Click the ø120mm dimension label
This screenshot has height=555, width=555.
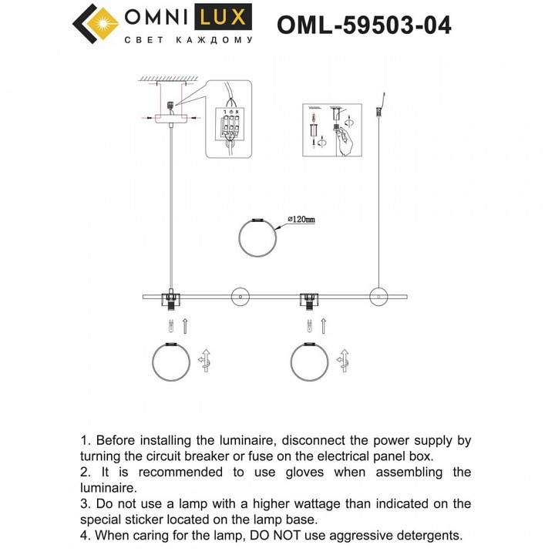tap(301, 220)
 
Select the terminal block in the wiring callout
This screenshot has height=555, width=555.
tap(230, 123)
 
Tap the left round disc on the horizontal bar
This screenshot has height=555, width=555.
tap(239, 295)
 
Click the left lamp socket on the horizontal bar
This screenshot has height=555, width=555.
tap(169, 298)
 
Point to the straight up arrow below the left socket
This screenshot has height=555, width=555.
tap(183, 325)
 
